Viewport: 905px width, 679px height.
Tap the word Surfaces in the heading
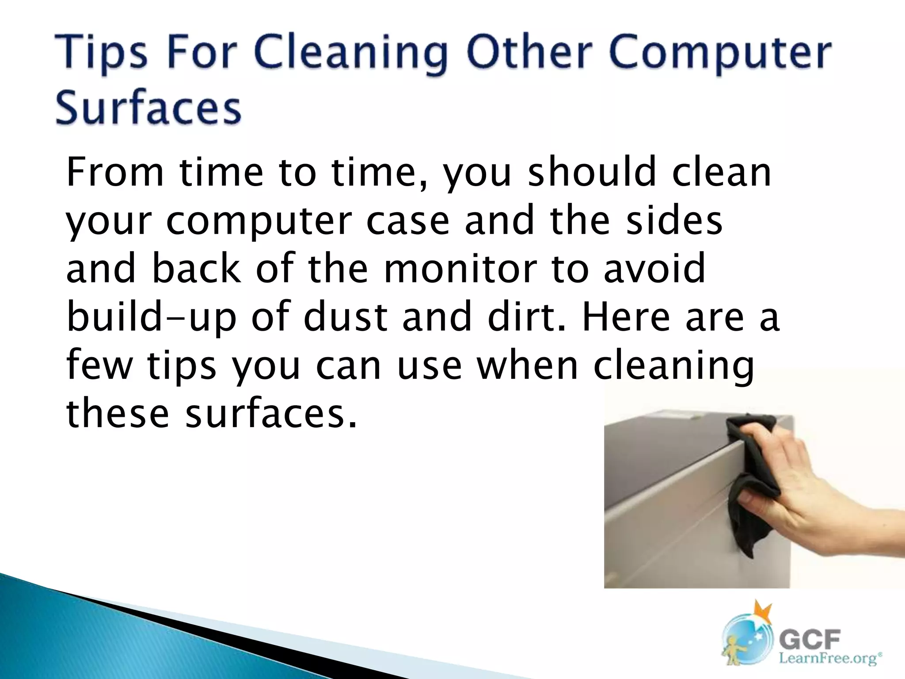148,108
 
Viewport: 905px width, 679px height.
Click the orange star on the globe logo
763,612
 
